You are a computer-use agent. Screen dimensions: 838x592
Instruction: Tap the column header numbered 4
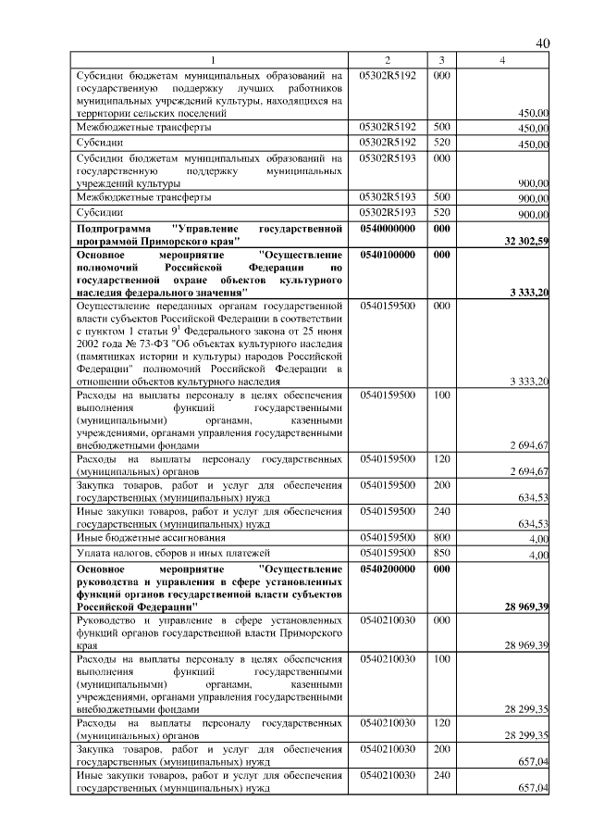(x=500, y=60)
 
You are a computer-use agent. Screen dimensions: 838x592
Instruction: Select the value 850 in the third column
(x=441, y=553)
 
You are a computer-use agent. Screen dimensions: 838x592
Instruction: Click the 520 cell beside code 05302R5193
(x=441, y=213)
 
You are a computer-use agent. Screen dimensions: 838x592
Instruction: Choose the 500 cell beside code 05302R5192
(x=441, y=127)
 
